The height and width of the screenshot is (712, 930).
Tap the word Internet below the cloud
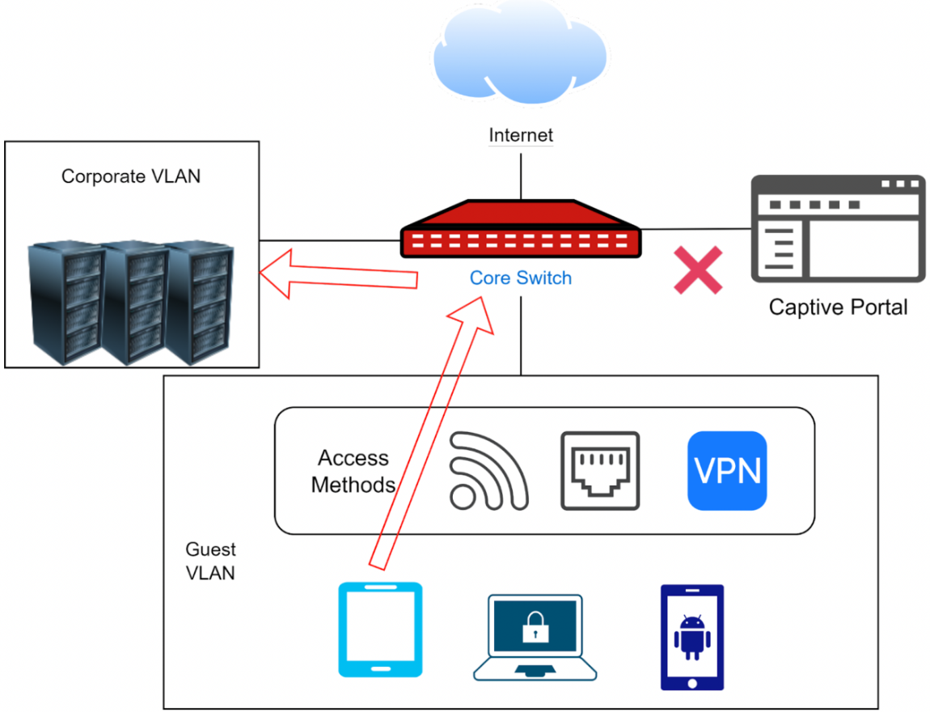521,135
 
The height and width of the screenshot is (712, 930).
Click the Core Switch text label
521,278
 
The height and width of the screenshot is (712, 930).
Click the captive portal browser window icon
838,228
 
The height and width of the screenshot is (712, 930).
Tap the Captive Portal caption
838,307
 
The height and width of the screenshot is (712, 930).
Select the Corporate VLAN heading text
131,176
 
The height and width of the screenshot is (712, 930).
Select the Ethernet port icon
600,471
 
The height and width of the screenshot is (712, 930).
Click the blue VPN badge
727,471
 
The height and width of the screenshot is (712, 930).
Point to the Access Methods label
353,472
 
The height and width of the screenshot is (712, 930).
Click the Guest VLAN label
210,562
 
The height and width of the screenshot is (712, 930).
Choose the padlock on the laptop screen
535,627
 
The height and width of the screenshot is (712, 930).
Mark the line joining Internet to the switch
521,173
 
